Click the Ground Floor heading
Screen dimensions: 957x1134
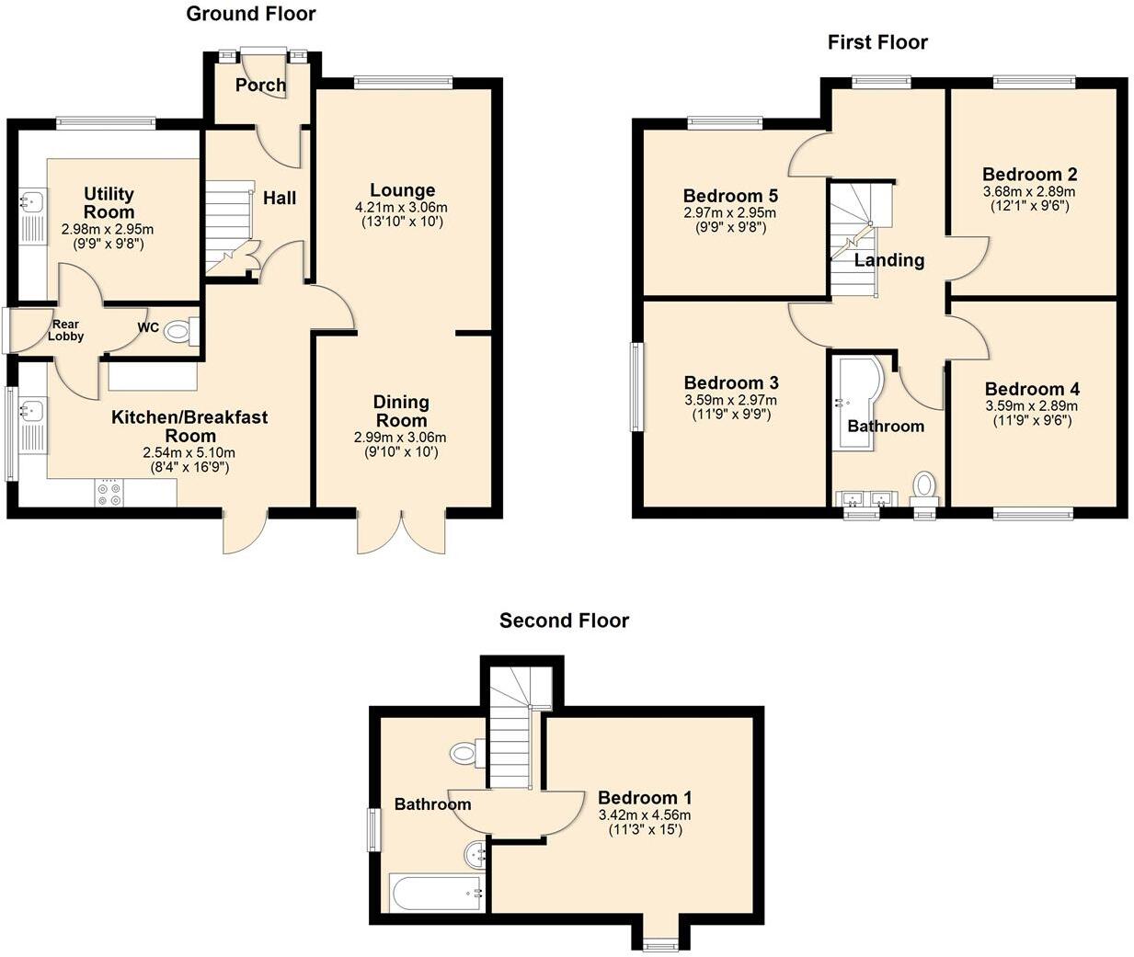pyautogui.click(x=250, y=14)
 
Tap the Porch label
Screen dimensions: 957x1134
pyautogui.click(x=260, y=85)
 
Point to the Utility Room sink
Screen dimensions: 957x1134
pyautogui.click(x=35, y=200)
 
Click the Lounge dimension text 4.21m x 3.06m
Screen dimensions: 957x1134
pyautogui.click(x=401, y=208)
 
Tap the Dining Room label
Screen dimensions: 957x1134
pyautogui.click(x=401, y=411)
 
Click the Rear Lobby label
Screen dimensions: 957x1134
pyautogui.click(x=65, y=330)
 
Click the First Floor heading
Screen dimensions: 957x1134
pyautogui.click(x=877, y=42)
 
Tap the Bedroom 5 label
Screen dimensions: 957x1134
pyautogui.click(x=730, y=196)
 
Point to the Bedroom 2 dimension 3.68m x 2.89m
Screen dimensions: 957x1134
pyautogui.click(x=1029, y=192)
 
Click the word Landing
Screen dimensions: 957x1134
pyautogui.click(x=888, y=260)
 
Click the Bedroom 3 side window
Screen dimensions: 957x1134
pyautogui.click(x=636, y=386)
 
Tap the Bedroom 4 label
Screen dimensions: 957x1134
pyautogui.click(x=1032, y=389)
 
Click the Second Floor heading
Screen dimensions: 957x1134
pyautogui.click(x=564, y=621)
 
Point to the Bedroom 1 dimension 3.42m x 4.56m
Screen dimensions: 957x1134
pyautogui.click(x=644, y=815)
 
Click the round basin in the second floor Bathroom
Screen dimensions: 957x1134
pyautogui.click(x=476, y=854)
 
